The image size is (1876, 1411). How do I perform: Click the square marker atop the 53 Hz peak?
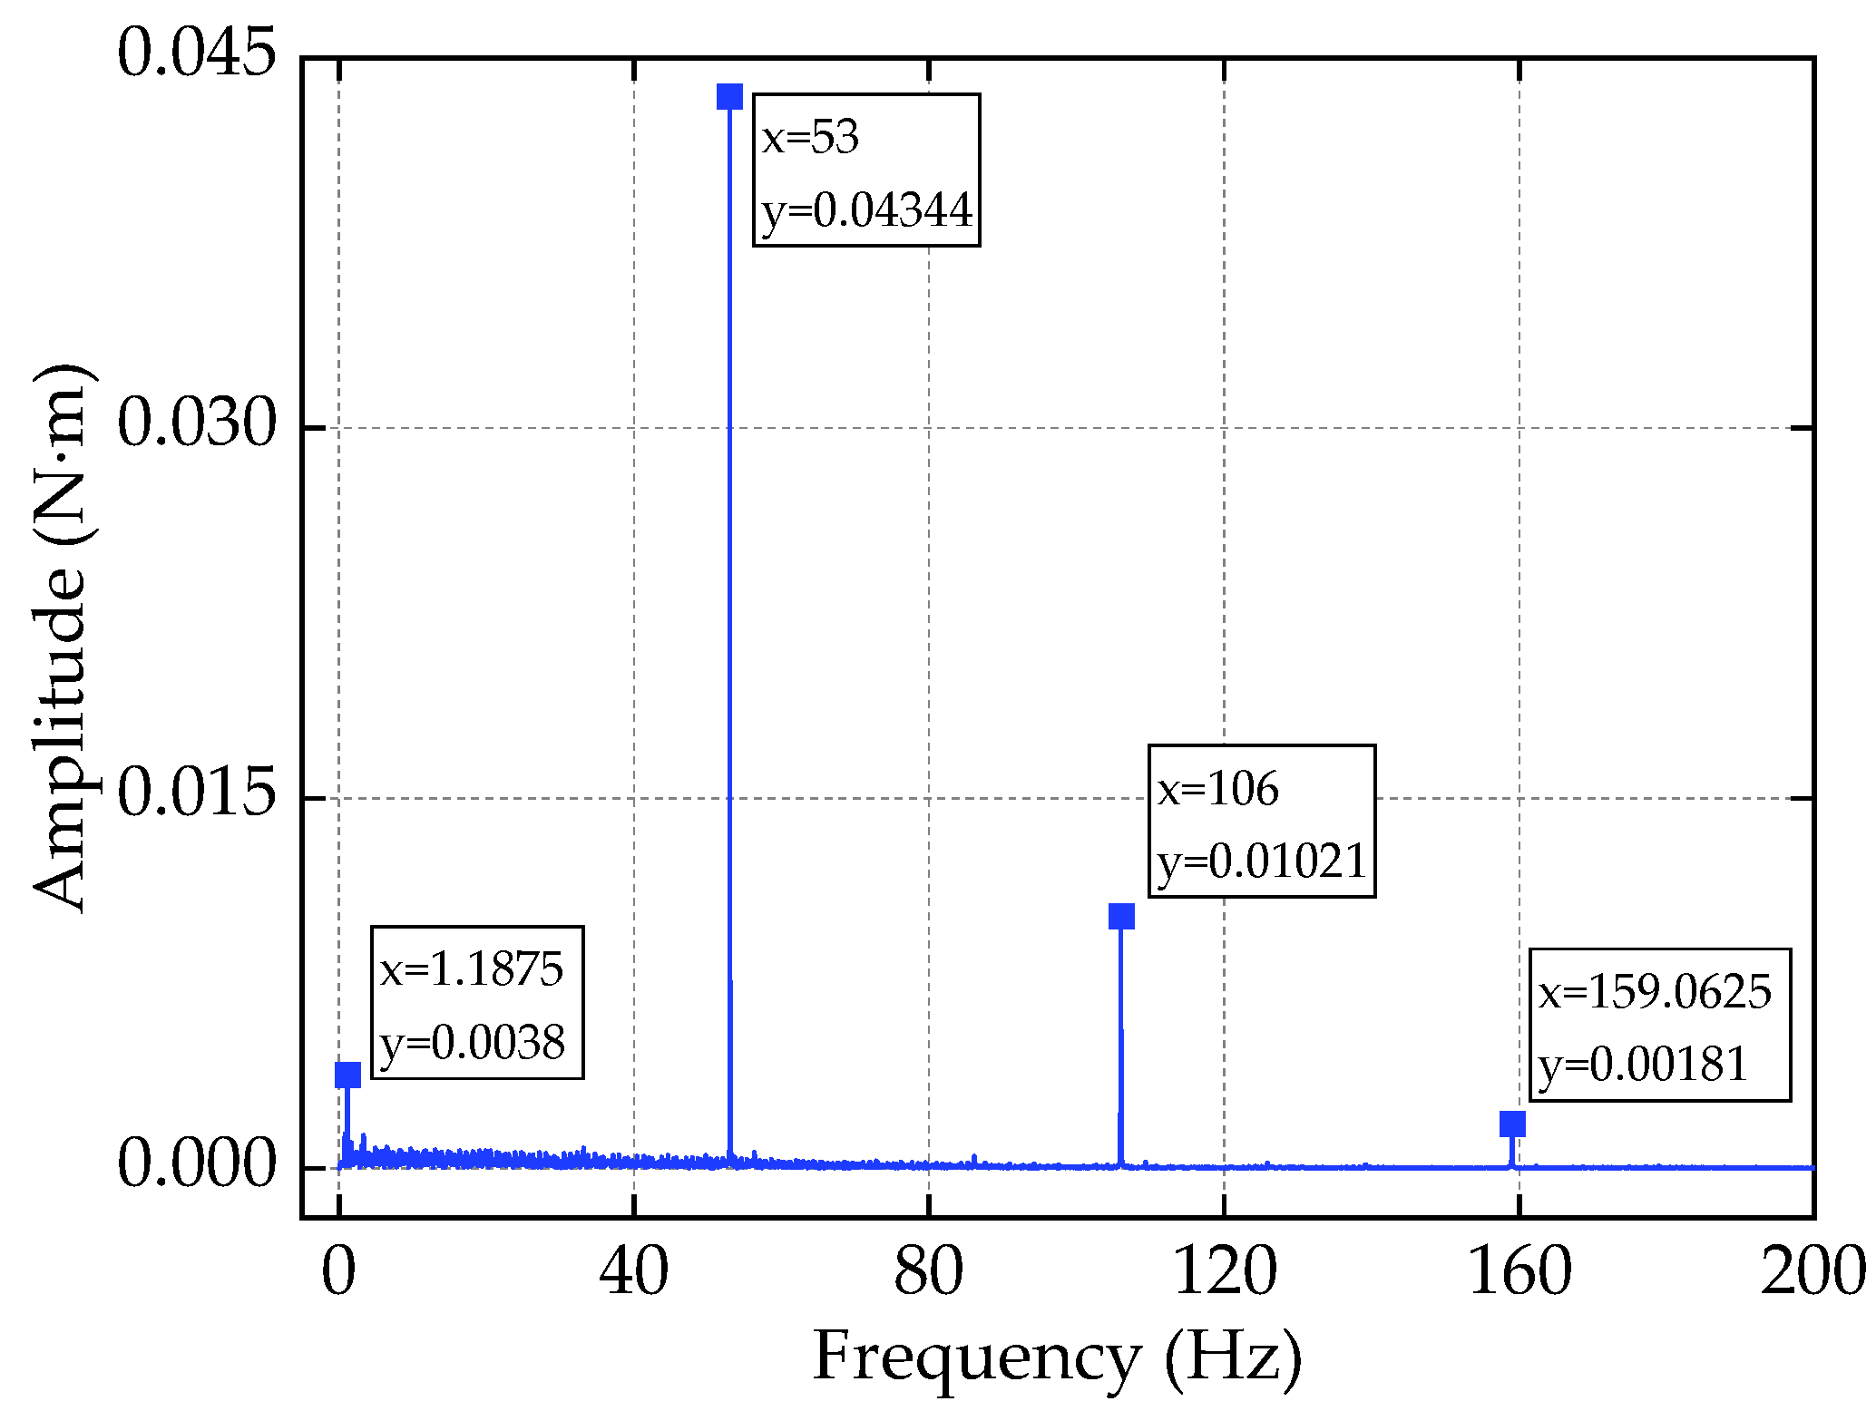(729, 96)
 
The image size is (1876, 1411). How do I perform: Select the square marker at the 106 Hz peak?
(1121, 916)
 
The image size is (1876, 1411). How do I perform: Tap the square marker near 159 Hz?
(1512, 1124)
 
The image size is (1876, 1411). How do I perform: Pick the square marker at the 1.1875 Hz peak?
(347, 1075)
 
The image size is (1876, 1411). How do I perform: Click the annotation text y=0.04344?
(867, 210)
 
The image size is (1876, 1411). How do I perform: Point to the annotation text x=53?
(810, 138)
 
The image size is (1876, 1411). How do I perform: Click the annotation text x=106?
(1217, 789)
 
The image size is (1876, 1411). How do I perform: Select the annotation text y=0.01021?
(1262, 861)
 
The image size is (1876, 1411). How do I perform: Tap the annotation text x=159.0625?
(1655, 991)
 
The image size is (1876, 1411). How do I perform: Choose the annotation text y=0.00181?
(1643, 1065)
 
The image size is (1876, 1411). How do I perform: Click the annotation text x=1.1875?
(472, 969)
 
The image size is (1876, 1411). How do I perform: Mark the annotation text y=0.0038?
(473, 1043)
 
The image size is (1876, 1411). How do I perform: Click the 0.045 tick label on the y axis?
(196, 53)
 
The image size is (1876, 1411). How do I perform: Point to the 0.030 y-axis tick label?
(196, 423)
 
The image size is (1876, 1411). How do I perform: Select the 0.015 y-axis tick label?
(196, 793)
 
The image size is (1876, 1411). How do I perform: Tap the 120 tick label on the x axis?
(1225, 1271)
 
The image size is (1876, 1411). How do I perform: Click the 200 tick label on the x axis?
(1812, 1271)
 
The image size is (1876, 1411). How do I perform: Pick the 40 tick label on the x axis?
(633, 1271)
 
